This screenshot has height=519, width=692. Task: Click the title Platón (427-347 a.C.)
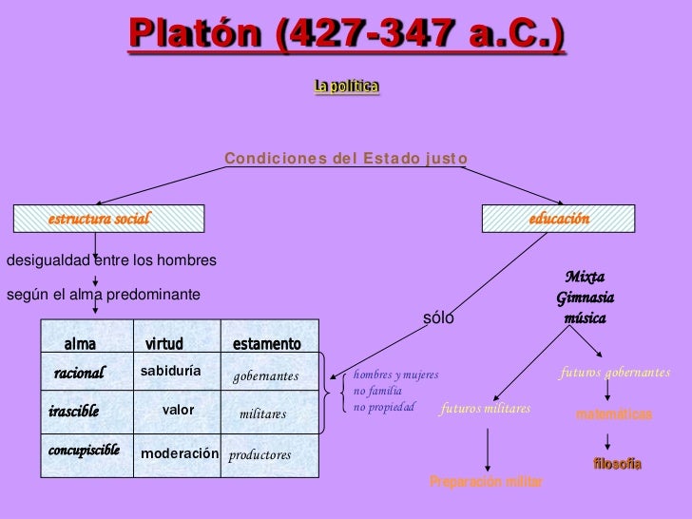point(346,36)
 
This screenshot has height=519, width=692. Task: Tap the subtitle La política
point(347,87)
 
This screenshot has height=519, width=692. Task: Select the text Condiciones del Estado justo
point(346,157)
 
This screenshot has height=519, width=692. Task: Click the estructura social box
point(107,220)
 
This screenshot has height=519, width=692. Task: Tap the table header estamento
point(266,343)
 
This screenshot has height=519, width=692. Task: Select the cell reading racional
point(79,374)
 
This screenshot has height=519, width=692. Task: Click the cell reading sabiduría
point(170,371)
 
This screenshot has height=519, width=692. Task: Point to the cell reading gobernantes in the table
point(266,377)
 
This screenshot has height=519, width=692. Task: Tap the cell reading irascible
point(73,412)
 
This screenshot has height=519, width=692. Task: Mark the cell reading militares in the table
point(262,414)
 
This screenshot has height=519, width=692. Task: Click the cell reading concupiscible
point(84,450)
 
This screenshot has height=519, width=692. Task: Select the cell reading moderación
point(180,453)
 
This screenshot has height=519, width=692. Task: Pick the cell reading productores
point(259,455)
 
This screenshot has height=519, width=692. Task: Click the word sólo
point(438,318)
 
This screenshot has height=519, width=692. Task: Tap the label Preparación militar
point(487,482)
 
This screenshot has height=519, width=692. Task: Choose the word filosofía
point(617,464)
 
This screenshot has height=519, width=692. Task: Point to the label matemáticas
point(614,415)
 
